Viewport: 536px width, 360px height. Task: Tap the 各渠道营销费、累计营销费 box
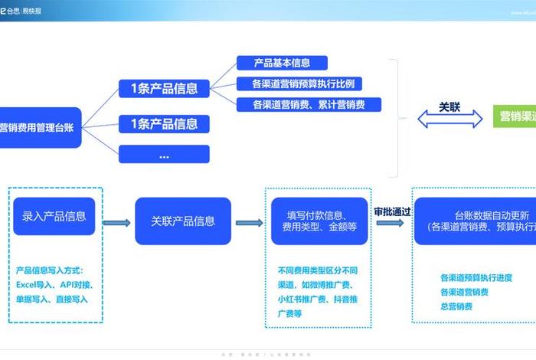coord(306,104)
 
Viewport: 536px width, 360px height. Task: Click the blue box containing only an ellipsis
coord(164,154)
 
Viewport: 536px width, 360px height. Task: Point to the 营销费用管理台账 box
coord(38,128)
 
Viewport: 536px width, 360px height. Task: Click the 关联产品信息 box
coord(183,221)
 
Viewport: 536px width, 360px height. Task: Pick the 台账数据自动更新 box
coord(475,221)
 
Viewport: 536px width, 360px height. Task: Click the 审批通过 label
coord(392,212)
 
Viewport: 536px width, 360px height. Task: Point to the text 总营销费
coord(456,306)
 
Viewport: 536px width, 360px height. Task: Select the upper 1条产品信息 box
coord(164,88)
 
